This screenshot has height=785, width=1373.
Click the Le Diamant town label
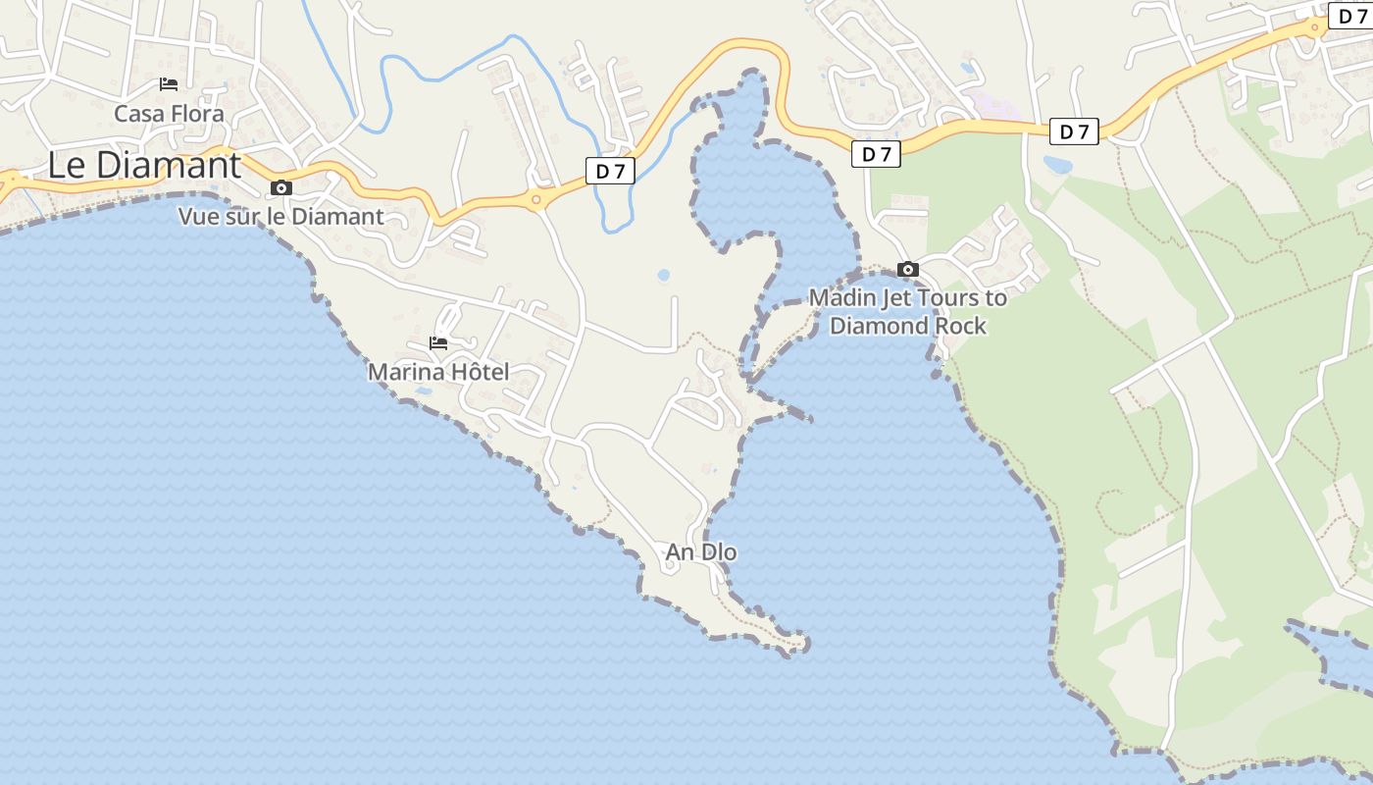144,165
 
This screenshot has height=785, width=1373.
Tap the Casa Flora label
169,114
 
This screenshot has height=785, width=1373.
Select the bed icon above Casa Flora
169,84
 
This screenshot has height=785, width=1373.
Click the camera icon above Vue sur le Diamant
281,187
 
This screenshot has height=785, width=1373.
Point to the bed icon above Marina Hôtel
438,343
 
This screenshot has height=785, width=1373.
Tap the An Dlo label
701,552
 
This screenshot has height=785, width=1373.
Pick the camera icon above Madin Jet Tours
908,269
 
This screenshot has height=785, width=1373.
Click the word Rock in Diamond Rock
959,326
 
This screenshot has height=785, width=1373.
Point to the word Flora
197,114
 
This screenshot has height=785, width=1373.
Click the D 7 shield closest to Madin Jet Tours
876,154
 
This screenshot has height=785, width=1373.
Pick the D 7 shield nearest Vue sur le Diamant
610,172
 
